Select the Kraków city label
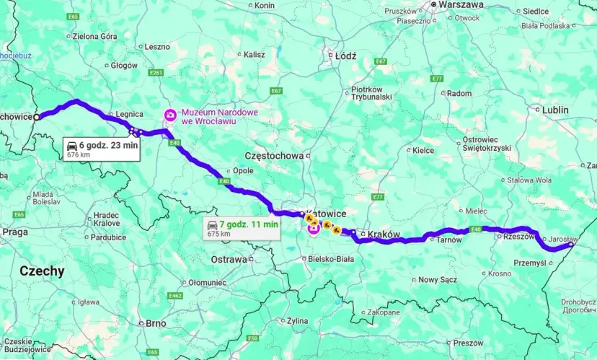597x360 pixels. tap(383, 234)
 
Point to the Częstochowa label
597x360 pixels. tap(275, 154)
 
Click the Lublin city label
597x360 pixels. tap(555, 110)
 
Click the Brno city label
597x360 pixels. tap(156, 323)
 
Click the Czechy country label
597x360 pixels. tap(42, 271)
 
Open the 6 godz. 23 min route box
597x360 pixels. tap(102, 147)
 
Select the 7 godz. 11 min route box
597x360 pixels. tap(242, 228)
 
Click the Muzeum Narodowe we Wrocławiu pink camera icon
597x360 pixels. tap(169, 115)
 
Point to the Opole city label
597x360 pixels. tap(243, 171)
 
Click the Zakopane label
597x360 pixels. tap(383, 312)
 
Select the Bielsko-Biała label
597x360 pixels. tap(332, 258)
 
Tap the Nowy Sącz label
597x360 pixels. tap(438, 279)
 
